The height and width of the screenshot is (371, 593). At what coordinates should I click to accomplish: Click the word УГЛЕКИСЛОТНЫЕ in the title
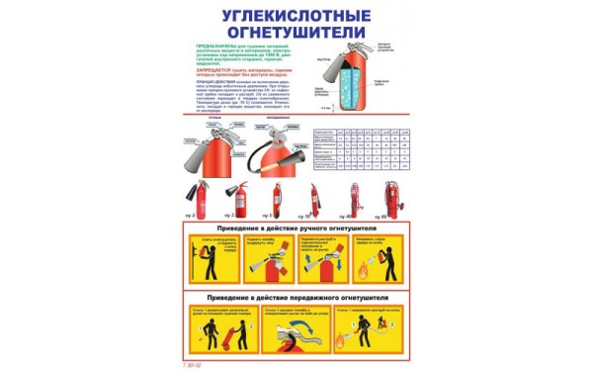[296, 17]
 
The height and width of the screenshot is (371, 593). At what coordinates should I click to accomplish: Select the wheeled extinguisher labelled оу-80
[394, 199]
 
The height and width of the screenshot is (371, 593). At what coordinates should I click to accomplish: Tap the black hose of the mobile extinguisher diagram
[287, 159]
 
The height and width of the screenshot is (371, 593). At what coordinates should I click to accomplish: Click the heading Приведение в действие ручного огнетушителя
[296, 231]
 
